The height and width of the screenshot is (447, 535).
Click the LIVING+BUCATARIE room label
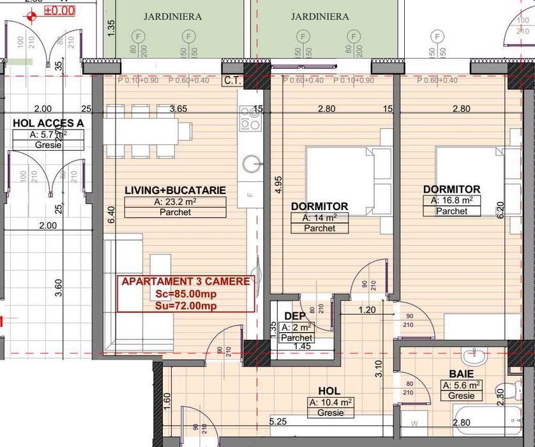click(175, 190)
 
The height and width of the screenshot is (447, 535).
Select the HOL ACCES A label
click(49, 123)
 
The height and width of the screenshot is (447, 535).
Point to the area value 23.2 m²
click(175, 202)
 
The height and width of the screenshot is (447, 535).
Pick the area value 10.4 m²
click(331, 402)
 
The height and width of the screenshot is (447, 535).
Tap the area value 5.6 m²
click(460, 385)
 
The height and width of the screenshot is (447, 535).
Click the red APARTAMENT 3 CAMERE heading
click(186, 282)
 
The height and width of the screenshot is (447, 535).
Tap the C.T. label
click(232, 81)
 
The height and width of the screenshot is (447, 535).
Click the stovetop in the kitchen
click(249, 118)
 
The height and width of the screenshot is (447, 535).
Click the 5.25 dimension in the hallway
click(278, 421)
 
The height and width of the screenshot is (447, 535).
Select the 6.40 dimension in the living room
click(110, 214)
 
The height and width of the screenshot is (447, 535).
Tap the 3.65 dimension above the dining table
click(178, 109)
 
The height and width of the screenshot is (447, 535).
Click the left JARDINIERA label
click(172, 17)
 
